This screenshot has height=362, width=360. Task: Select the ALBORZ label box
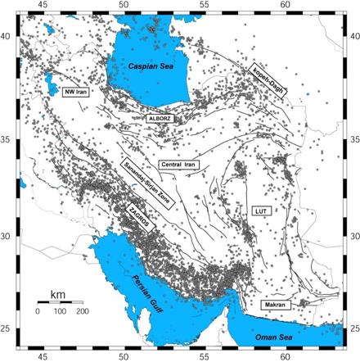coord(160,119)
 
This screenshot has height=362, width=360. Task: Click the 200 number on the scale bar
coord(82,313)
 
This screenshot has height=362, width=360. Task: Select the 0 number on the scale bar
coord(38,313)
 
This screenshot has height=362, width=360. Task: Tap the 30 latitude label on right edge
coord(353,235)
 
